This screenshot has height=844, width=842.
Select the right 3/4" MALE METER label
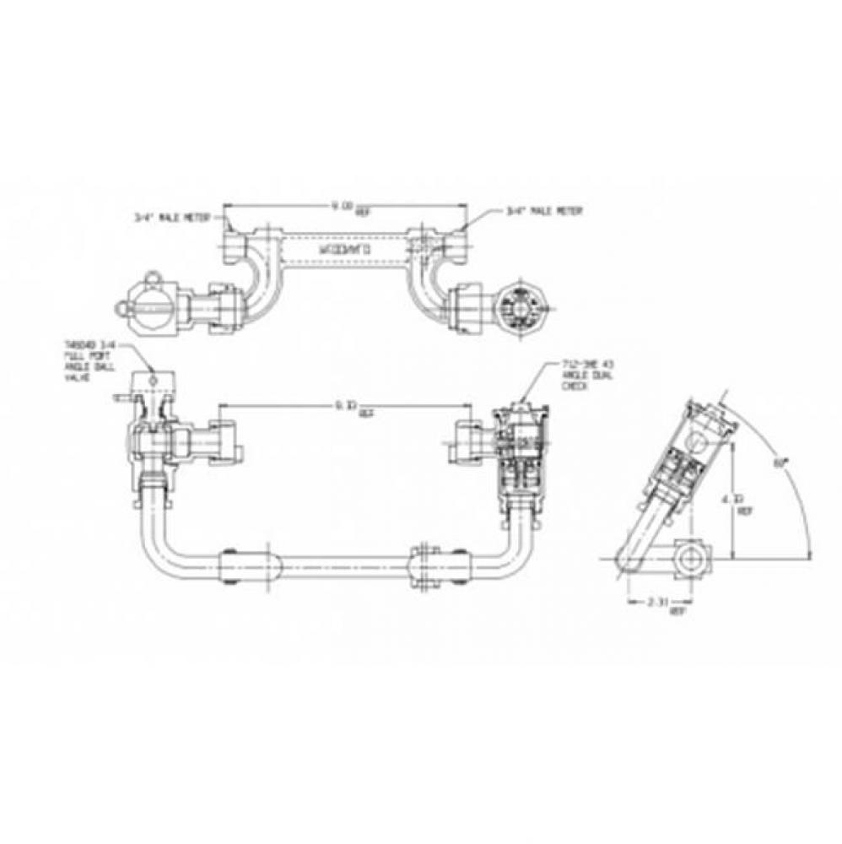[x=545, y=211]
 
